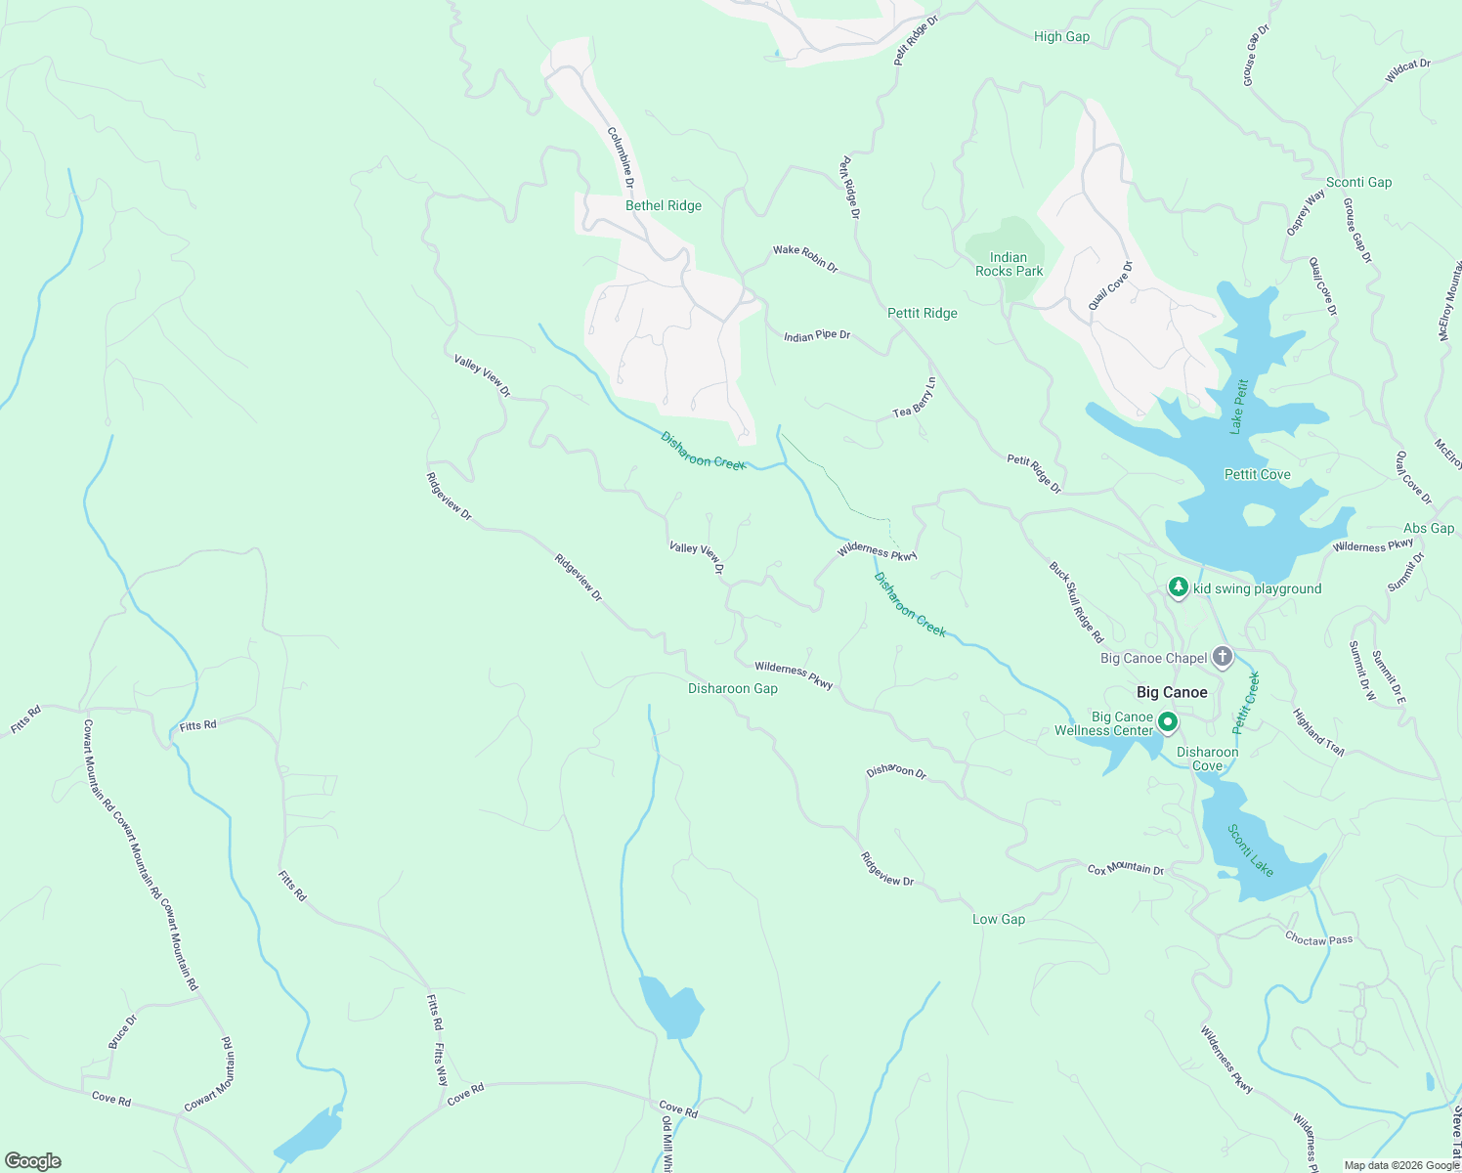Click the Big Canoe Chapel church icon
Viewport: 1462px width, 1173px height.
point(1223,657)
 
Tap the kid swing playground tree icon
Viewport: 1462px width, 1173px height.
point(1179,587)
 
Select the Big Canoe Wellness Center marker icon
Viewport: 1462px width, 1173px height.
point(1167,723)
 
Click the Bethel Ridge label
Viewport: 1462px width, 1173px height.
point(664,205)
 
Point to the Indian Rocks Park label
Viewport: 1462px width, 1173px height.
point(1009,265)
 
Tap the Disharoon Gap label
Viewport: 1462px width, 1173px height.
point(733,688)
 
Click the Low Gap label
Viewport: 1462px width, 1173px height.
point(999,919)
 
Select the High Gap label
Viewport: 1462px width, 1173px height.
point(1061,36)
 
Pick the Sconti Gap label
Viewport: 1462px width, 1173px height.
point(1358,182)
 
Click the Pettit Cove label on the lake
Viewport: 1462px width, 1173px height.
point(1257,474)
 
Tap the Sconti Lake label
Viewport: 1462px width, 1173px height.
point(1251,850)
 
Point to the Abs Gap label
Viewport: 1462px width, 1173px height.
point(1429,528)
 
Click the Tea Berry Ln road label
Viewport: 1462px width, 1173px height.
point(915,399)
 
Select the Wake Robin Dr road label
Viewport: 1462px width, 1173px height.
point(805,258)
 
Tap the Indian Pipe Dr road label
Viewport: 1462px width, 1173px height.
point(817,335)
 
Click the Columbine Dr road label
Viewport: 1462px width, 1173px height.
point(622,157)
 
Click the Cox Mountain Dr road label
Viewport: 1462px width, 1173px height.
point(1126,869)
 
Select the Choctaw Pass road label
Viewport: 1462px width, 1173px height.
point(1318,939)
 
